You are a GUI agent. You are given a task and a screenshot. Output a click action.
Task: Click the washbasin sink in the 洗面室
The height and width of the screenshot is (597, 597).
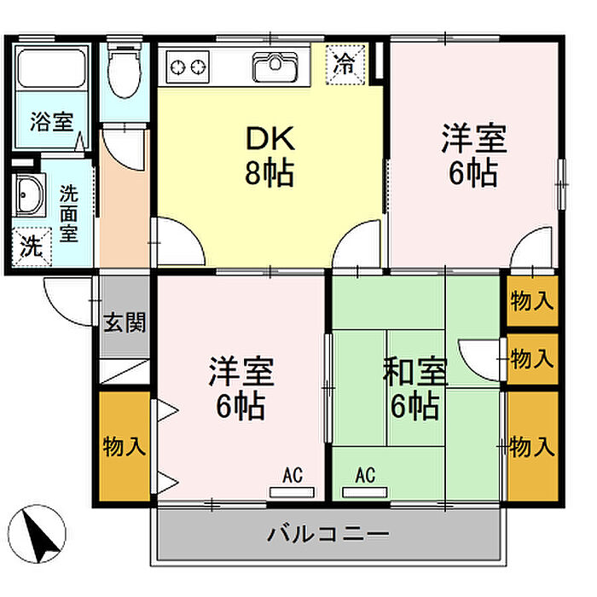[x=31, y=199]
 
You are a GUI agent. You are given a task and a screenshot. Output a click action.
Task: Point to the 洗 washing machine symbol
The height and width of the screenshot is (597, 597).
[x=30, y=248]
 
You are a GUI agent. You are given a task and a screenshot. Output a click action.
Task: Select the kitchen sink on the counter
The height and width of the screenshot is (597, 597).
[x=273, y=65]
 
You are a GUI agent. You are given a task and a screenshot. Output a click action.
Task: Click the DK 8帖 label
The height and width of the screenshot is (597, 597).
[x=270, y=155]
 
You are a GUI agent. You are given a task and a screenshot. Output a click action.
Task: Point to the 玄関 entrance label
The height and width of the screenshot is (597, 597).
[x=125, y=323]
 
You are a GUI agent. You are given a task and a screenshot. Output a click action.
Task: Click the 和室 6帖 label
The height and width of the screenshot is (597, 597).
[x=415, y=388]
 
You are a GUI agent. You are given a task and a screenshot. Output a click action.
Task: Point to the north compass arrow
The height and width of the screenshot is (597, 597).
[x=42, y=530]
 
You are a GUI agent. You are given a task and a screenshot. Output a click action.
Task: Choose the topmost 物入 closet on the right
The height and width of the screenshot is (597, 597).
[x=532, y=300]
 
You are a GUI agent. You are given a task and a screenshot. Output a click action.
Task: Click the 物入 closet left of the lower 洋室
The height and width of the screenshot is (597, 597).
[x=125, y=446]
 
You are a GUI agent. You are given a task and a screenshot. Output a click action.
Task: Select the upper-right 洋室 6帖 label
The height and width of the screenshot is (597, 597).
[x=474, y=155]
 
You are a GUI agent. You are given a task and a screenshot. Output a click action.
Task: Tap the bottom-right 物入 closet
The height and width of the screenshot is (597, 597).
[x=532, y=446]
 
